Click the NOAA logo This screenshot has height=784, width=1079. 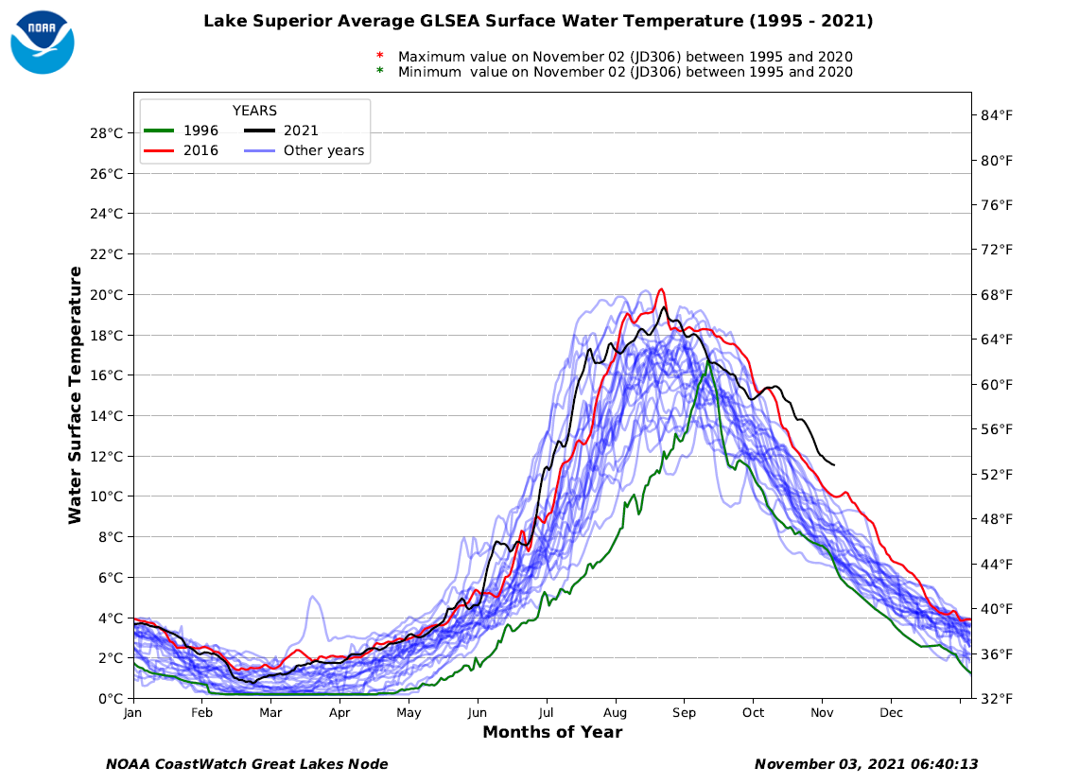click(x=42, y=42)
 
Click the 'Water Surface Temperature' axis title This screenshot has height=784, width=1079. click(x=75, y=394)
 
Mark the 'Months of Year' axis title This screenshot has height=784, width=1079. click(x=552, y=732)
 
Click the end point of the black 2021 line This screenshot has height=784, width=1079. click(x=833, y=464)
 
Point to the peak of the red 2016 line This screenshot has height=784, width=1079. click(x=661, y=289)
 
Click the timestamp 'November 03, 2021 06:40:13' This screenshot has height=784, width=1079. click(x=865, y=764)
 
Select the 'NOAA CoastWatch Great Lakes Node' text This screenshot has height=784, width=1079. click(x=247, y=764)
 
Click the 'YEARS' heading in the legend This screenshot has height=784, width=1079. click(x=254, y=111)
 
